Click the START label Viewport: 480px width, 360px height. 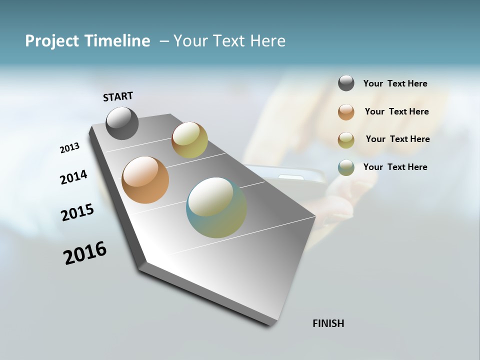(118, 96)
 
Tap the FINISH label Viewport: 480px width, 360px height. (328, 323)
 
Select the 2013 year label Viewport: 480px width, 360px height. (69, 148)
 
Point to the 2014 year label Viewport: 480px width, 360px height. (73, 177)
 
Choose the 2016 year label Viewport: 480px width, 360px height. (85, 252)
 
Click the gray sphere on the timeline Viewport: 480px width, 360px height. (122, 123)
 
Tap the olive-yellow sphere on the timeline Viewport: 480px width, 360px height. (189, 140)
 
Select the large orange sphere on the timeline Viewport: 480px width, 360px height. (145, 180)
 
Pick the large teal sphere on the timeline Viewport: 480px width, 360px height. (216, 207)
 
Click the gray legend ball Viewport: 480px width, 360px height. (346, 83)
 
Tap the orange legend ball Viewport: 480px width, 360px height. (346, 112)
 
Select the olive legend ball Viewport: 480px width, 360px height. (346, 140)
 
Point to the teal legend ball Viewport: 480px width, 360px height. (346, 167)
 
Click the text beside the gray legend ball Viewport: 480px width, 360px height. (395, 84)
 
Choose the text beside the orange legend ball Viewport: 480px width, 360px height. (396, 111)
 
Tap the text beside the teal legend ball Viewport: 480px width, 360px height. (395, 167)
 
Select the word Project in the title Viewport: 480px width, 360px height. (49, 41)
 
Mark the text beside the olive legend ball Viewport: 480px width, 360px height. (397, 139)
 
